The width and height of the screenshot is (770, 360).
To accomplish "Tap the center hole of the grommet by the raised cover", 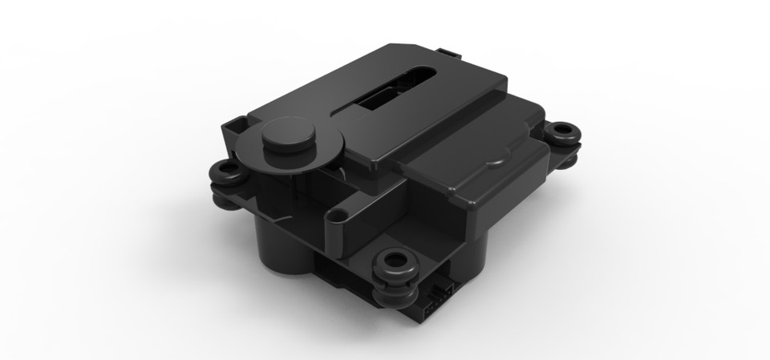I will (x=565, y=130).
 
